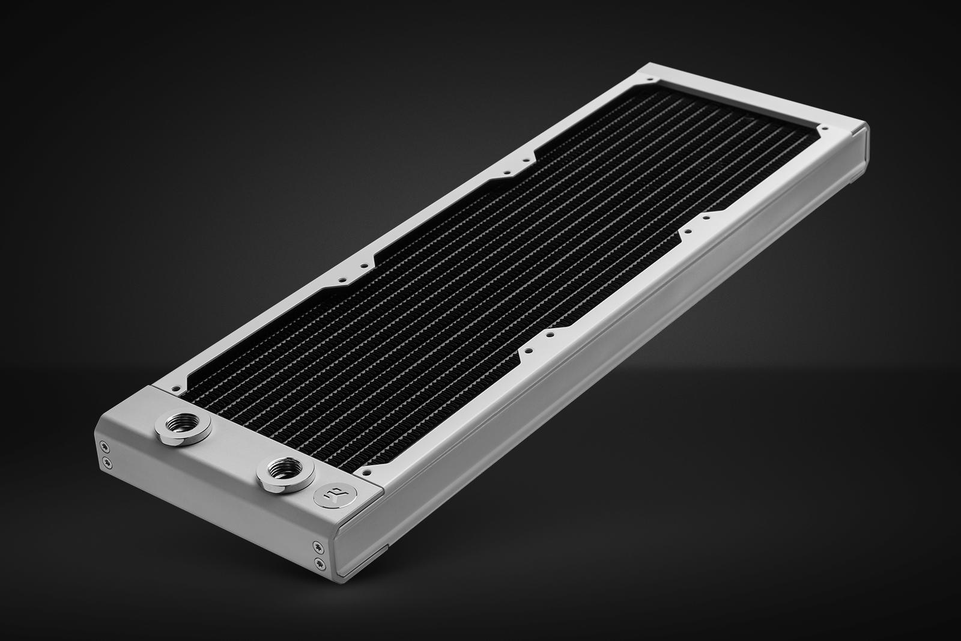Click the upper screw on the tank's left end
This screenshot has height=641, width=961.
(x=106, y=445)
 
